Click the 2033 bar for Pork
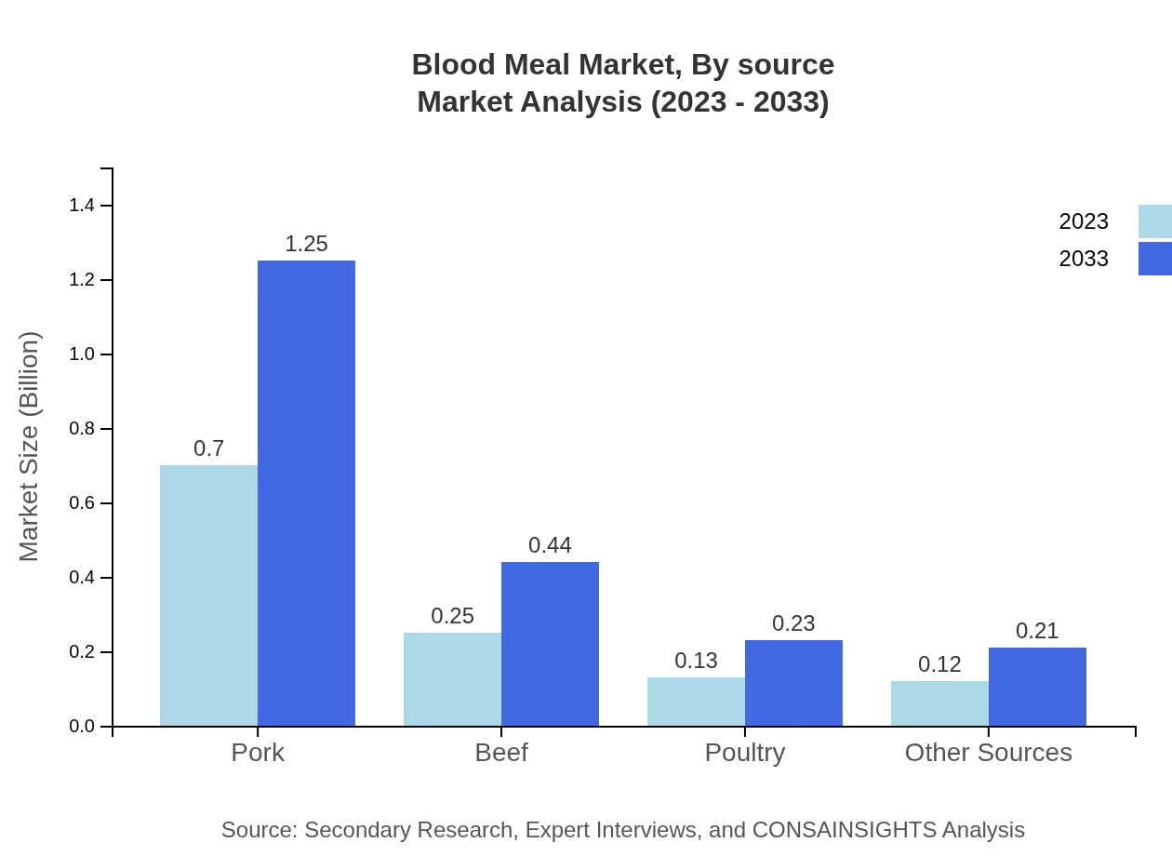[x=306, y=493]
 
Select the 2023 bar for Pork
[x=208, y=595]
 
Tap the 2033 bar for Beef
[x=550, y=644]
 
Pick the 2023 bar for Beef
[x=452, y=679]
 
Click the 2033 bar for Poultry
[x=793, y=683]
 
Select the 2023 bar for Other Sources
[x=939, y=703]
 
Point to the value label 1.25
[x=306, y=244]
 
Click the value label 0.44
[x=550, y=545]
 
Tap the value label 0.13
[x=696, y=661]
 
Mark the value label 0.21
[x=1037, y=631]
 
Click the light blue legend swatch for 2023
[x=1154, y=221]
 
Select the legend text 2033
[x=1084, y=259]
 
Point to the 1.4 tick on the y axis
[x=82, y=206]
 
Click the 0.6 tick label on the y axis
[x=82, y=503]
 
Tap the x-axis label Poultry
[x=745, y=752]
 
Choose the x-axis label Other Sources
[x=988, y=752]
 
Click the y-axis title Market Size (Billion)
[x=30, y=447]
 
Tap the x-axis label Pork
[x=258, y=752]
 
